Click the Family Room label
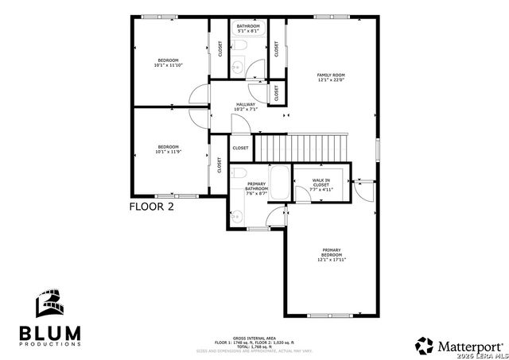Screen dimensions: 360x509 pyautogui.click(x=332, y=75)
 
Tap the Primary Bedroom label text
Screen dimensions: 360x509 pyautogui.click(x=332, y=252)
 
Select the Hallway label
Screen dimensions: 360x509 pyautogui.click(x=246, y=104)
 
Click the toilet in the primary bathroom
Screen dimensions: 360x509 pyautogui.click(x=238, y=174)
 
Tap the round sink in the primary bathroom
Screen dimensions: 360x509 pyautogui.click(x=236, y=213)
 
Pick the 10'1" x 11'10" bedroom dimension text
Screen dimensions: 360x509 pyautogui.click(x=168, y=66)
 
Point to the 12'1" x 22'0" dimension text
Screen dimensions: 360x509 pyautogui.click(x=332, y=79)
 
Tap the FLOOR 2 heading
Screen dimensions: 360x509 pyautogui.click(x=151, y=206)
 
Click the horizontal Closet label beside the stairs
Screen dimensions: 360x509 pyautogui.click(x=240, y=148)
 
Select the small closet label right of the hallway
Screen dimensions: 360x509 pyautogui.click(x=277, y=92)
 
